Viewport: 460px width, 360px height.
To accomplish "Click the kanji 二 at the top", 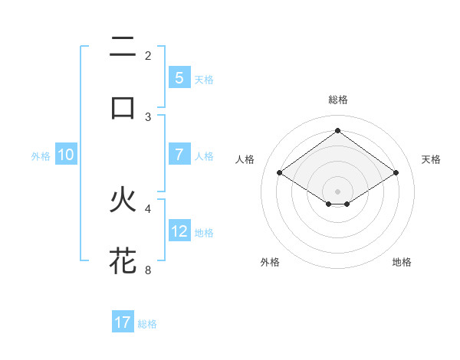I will click(x=123, y=48).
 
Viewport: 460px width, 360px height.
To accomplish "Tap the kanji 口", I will click(x=123, y=107).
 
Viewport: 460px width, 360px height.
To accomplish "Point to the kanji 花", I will click(x=123, y=260).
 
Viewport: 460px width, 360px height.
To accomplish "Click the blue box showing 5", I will click(x=179, y=78).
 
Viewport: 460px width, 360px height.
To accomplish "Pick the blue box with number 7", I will click(x=179, y=155).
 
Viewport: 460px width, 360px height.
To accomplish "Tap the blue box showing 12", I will click(x=179, y=231).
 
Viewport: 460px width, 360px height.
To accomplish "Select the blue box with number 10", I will click(x=66, y=155).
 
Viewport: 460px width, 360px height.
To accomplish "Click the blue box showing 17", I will click(x=123, y=322).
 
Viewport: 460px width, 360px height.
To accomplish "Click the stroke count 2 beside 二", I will click(x=148, y=55).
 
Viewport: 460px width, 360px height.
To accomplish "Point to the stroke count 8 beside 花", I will click(x=148, y=270).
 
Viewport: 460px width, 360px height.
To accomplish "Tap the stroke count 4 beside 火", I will click(x=148, y=207).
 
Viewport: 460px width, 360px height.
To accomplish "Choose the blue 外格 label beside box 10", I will click(x=41, y=155).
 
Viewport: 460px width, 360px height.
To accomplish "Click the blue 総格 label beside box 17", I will click(x=147, y=323).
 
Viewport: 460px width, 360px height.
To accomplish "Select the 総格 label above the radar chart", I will click(x=337, y=100).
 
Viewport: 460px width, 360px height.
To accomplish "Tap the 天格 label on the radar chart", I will click(x=432, y=159).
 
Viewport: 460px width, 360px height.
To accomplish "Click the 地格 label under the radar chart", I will click(x=402, y=262).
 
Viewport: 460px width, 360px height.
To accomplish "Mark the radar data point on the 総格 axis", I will click(x=337, y=130).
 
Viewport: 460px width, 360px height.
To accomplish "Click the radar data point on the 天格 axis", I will click(x=396, y=173).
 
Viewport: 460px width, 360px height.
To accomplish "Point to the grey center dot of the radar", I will click(x=337, y=191).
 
